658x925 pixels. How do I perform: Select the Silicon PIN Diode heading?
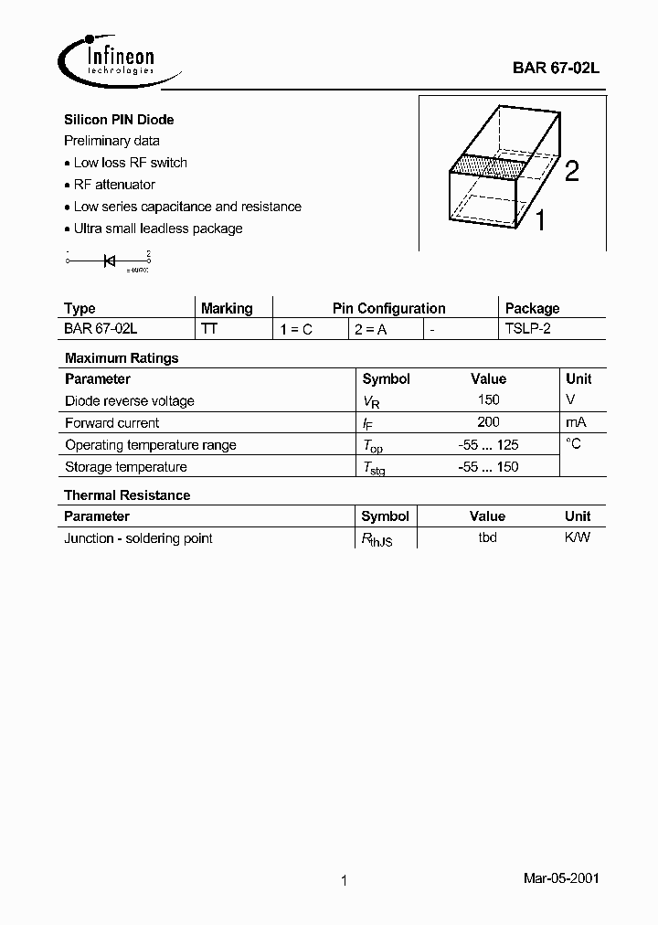[119, 120]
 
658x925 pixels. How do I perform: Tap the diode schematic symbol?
[108, 260]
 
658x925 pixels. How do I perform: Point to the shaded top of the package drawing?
[488, 168]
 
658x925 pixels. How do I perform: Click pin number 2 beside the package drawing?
[571, 171]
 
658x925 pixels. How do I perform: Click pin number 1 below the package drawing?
[540, 220]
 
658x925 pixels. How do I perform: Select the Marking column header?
[227, 308]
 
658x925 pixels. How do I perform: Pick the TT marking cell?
[209, 329]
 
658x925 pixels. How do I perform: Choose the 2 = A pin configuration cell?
[370, 329]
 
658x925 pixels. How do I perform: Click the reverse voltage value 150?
[488, 400]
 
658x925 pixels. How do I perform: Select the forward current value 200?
[488, 422]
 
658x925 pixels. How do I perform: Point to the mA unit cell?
[576, 422]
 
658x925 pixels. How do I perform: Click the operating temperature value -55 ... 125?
[488, 445]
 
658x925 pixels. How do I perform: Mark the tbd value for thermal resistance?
[487, 538]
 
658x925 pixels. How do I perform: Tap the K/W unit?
[578, 538]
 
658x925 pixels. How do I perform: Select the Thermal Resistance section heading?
[127, 495]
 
